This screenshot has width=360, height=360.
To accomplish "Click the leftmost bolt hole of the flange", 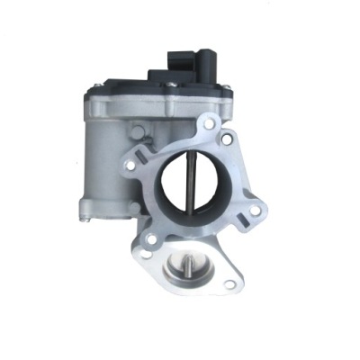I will pyautogui.click(x=134, y=168).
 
